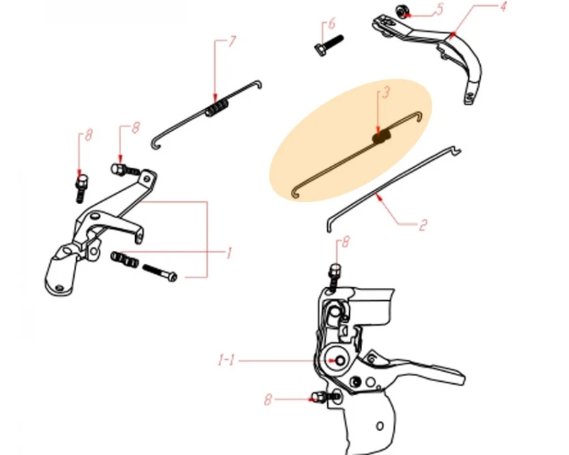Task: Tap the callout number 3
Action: pos(386,92)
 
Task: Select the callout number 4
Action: pos(503,6)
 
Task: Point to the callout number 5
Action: pos(440,9)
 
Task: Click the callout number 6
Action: pos(331,24)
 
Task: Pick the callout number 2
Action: pos(422,225)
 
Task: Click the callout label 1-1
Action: pos(226,360)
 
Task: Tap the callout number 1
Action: pos(228,253)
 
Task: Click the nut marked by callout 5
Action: pos(401,11)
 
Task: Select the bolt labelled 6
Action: pos(329,45)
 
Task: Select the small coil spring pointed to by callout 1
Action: pos(124,259)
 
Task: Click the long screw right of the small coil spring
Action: pos(159,273)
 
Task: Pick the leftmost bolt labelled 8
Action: pos(81,188)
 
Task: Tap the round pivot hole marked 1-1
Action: pos(340,360)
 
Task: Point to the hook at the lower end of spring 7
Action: pos(156,145)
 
